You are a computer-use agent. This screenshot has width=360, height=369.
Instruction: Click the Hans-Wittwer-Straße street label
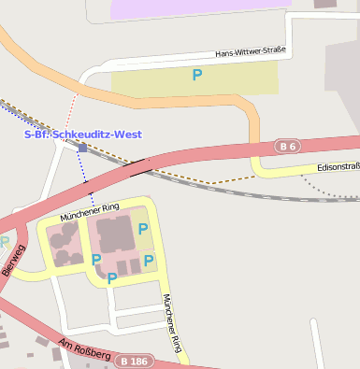[250, 53]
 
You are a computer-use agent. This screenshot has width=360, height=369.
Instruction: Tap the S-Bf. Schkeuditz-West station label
[82, 135]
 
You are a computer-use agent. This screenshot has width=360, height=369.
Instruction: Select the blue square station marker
[82, 148]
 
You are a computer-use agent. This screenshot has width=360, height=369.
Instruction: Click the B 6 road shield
[288, 147]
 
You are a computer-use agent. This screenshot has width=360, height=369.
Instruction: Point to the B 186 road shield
[135, 360]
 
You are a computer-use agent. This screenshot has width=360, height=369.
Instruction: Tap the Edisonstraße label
[338, 166]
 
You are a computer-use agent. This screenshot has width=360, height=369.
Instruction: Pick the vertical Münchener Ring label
[171, 322]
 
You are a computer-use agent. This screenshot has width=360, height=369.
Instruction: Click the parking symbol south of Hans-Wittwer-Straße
[196, 75]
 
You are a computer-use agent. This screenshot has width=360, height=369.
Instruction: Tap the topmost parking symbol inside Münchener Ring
[143, 228]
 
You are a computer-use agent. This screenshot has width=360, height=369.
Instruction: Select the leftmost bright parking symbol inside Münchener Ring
[96, 259]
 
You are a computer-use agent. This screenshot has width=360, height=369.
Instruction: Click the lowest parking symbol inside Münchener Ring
[112, 277]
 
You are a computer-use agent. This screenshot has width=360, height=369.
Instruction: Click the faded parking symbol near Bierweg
[4, 242]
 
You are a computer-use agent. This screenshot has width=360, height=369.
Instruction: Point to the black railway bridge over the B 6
[137, 167]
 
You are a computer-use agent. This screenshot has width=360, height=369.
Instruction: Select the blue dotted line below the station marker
[89, 177]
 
